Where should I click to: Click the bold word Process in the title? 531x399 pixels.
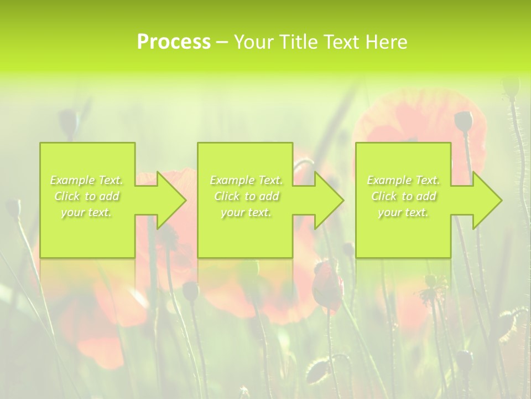coord(174,42)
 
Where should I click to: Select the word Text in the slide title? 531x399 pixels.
coord(343,42)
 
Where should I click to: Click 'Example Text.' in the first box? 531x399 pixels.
coord(87,180)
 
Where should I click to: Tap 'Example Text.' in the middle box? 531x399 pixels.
coord(246,180)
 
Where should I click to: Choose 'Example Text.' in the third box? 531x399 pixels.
coord(403,180)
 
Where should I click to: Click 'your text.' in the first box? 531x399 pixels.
coord(87,212)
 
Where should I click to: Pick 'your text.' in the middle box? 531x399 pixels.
coord(246,212)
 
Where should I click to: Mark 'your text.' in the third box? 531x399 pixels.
coord(403,212)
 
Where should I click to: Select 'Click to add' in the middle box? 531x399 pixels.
coord(246,196)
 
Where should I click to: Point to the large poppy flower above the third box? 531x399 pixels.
coord(420,119)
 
